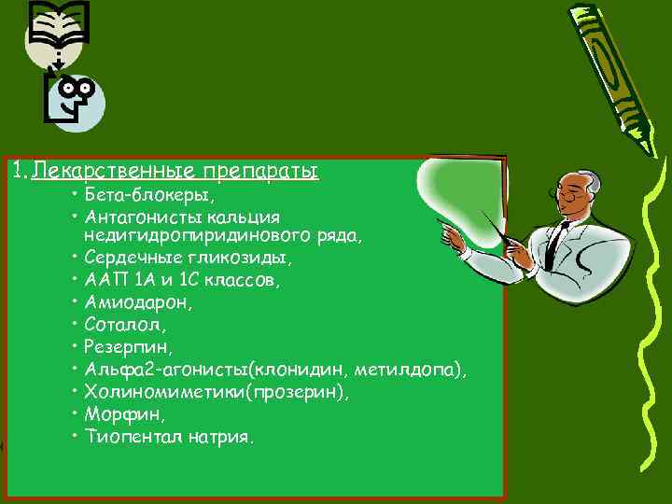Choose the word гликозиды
click(244, 258)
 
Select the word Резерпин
click(127, 347)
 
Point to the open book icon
click(59, 23)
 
